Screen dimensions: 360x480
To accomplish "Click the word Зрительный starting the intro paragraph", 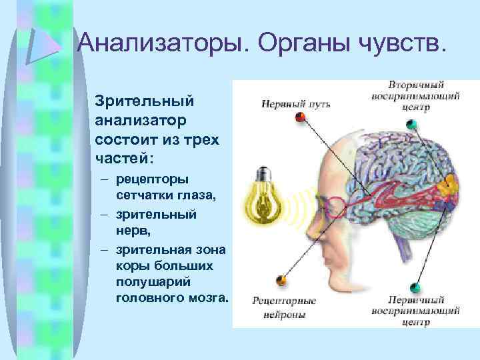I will point(145,101).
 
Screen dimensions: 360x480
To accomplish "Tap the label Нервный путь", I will point(295,104).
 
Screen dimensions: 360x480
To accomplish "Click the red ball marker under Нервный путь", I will point(301,118).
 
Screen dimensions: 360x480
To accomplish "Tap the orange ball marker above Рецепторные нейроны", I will point(282,279).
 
